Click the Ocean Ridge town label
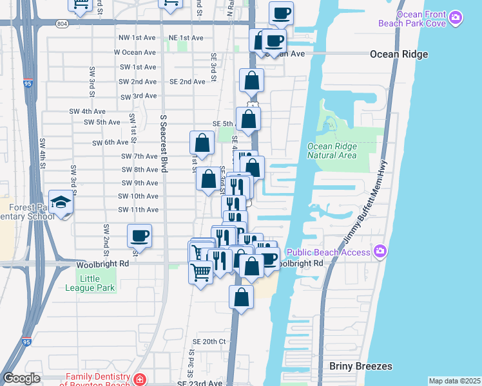click(x=399, y=54)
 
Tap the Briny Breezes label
click(x=360, y=366)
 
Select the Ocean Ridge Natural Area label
click(x=332, y=151)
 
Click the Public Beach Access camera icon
click(x=380, y=251)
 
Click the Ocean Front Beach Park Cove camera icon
click(x=456, y=19)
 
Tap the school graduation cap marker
click(x=61, y=202)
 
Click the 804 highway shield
click(x=61, y=24)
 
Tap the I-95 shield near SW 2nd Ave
click(x=27, y=83)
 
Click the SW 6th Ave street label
click(x=110, y=143)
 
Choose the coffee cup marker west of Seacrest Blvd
click(x=139, y=236)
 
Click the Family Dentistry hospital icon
click(x=140, y=380)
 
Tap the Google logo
click(x=21, y=378)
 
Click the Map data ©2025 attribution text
click(x=454, y=381)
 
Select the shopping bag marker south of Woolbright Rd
click(x=241, y=298)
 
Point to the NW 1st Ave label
click(x=135, y=39)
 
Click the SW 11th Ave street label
click(x=138, y=210)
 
